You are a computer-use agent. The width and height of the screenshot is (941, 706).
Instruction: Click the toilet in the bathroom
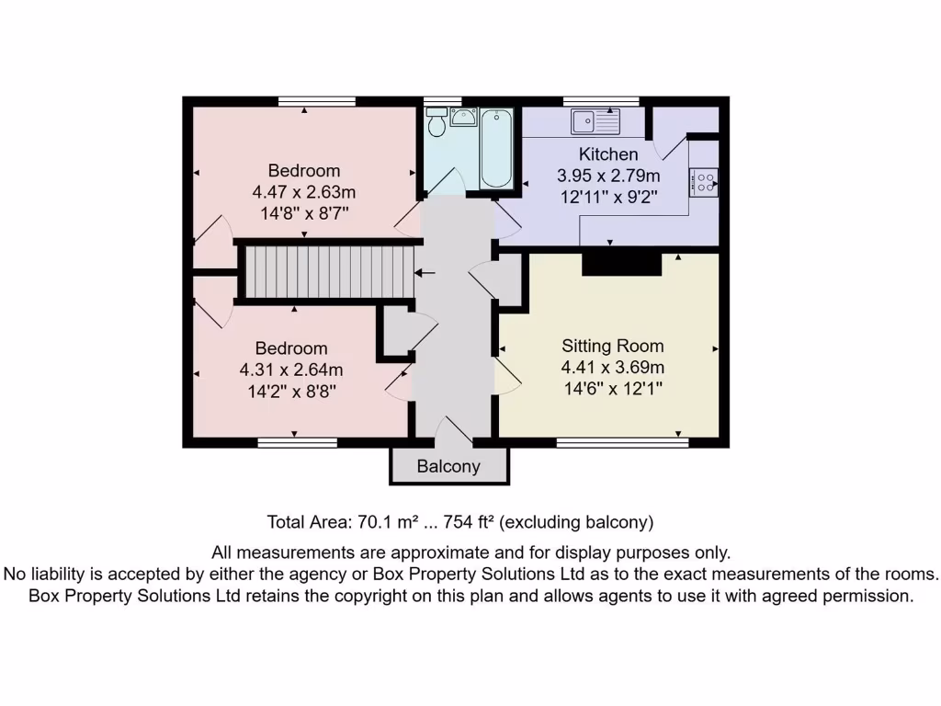437,122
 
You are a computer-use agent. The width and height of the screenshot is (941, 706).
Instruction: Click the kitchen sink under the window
595,120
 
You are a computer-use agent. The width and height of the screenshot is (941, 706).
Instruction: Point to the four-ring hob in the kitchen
705,181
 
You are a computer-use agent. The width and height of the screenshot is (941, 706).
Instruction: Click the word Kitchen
608,154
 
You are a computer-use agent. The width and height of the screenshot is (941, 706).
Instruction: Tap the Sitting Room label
613,347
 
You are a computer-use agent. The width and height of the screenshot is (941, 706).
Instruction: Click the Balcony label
448,466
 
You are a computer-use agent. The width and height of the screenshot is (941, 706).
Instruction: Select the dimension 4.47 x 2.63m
303,192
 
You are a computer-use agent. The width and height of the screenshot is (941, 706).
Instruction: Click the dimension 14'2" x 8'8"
291,390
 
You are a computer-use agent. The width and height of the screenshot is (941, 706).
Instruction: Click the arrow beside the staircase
425,273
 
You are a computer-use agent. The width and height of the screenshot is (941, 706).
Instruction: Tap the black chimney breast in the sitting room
622,264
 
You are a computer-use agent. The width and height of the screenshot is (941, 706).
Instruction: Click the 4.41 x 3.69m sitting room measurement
613,368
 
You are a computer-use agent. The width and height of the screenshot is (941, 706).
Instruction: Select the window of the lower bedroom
297,443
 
